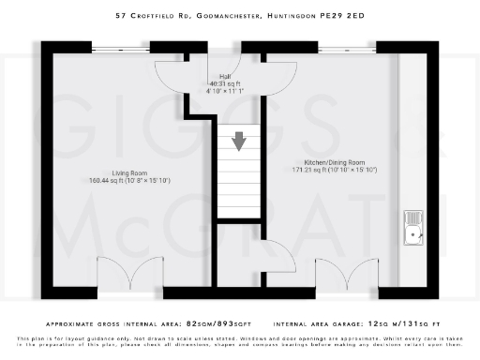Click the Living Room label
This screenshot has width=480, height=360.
[118, 172]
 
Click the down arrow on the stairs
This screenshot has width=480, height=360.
[240, 141]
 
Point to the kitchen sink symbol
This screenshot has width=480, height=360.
[413, 226]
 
